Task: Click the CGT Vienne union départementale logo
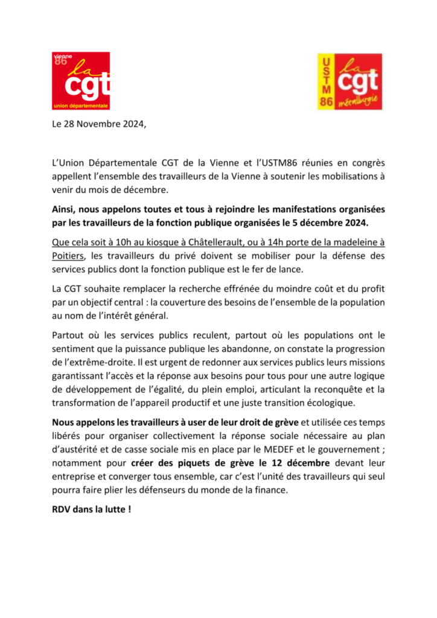pos(81,81)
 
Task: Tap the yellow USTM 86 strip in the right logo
pos(327,81)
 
